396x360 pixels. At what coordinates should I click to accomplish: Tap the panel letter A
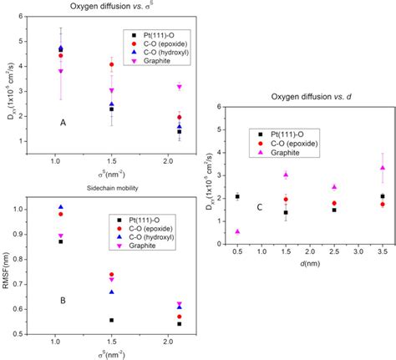[x=63, y=122]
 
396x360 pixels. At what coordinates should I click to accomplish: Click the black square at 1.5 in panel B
[x=111, y=320]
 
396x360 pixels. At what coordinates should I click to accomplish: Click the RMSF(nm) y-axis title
[x=10, y=260]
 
